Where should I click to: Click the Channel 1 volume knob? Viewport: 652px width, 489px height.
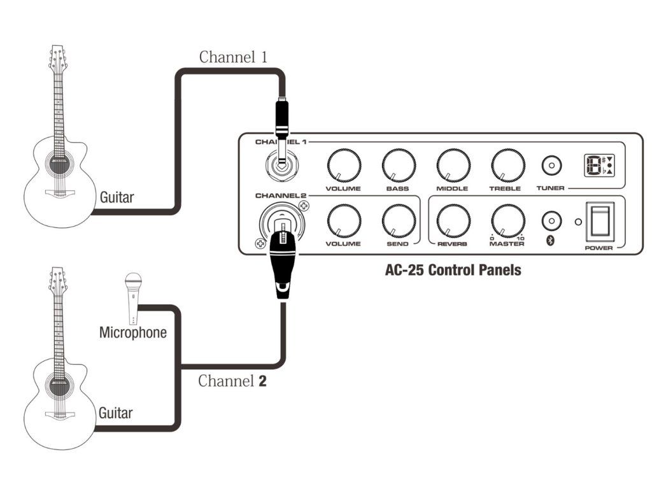pyautogui.click(x=344, y=166)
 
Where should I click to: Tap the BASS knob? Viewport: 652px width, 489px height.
pyautogui.click(x=399, y=166)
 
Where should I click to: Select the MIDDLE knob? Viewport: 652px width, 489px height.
pyautogui.click(x=453, y=166)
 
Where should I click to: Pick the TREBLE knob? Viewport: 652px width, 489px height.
pyautogui.click(x=508, y=166)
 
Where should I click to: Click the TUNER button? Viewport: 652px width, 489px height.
pyautogui.click(x=551, y=166)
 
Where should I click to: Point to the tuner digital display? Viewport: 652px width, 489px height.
pyautogui.click(x=599, y=166)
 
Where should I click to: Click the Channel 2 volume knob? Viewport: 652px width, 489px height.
pyautogui.click(x=344, y=221)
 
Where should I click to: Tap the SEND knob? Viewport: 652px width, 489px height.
pyautogui.click(x=399, y=221)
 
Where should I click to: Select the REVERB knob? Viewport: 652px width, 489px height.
pyautogui.click(x=453, y=221)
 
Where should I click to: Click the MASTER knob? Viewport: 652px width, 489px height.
pyautogui.click(x=508, y=221)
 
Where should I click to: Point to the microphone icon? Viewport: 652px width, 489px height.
pyautogui.click(x=133, y=297)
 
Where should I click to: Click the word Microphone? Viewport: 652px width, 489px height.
pyautogui.click(x=133, y=332)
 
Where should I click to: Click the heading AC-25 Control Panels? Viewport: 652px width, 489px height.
pyautogui.click(x=453, y=270)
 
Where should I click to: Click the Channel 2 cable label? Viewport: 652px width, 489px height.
pyautogui.click(x=232, y=381)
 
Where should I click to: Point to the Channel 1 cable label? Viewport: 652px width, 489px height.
pyautogui.click(x=233, y=57)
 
